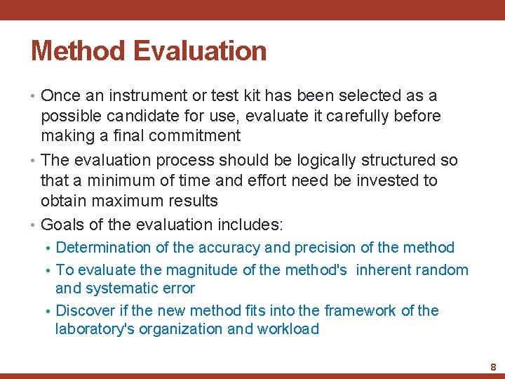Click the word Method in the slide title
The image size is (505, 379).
point(76,51)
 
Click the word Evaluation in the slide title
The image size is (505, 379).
point(199,51)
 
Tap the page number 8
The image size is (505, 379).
point(493,367)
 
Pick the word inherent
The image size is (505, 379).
point(386,270)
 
